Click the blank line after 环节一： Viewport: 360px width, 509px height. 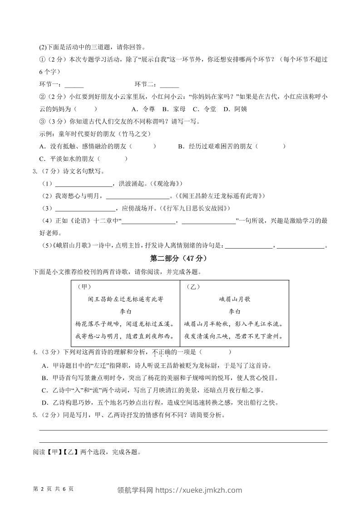click(x=74, y=85)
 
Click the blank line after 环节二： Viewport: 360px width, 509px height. click(x=169, y=85)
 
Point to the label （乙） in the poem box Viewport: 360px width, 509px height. click(x=193, y=287)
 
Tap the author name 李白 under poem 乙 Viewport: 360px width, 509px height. click(x=234, y=311)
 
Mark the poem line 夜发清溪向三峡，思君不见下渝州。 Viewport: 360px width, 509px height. click(x=234, y=336)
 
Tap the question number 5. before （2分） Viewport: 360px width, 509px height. click(x=35, y=415)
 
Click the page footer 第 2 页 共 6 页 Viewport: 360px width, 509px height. click(x=54, y=489)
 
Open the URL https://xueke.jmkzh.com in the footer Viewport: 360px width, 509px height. click(x=199, y=490)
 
